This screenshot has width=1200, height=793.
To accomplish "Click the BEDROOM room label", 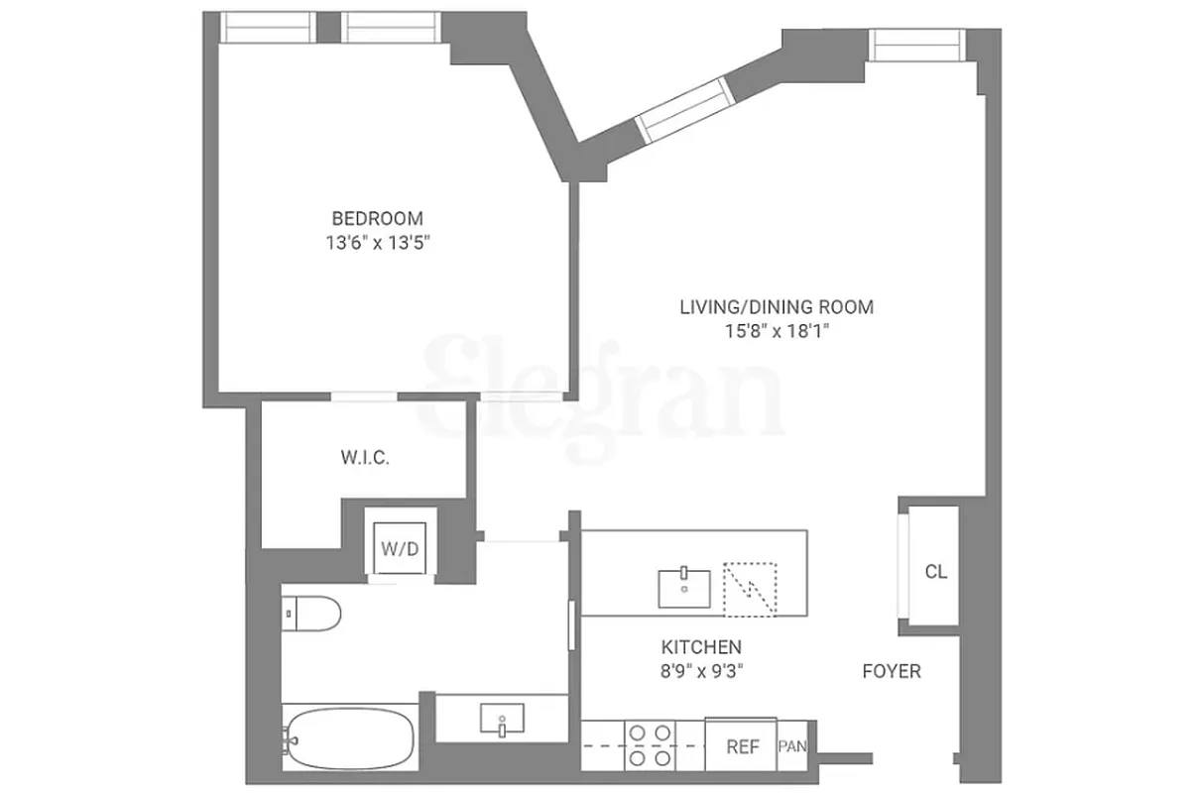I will (377, 218).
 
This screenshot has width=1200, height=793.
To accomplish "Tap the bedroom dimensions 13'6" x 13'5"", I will (377, 243).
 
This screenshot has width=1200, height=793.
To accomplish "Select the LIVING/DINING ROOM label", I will (777, 307).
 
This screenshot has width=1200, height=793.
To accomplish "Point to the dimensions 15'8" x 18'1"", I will (777, 332).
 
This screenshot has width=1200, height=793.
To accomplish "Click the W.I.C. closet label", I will (364, 458).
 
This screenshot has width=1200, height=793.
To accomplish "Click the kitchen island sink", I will (685, 587).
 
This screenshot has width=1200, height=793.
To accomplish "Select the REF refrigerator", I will (743, 746).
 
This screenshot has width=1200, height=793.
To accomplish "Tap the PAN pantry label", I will (792, 746).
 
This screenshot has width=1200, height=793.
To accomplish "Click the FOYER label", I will (891, 671).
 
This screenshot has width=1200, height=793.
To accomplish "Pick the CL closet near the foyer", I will (935, 572).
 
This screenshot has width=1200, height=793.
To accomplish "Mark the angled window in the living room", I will (684, 109).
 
